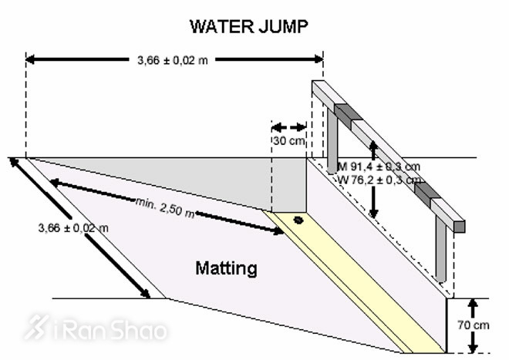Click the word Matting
[x=226, y=269]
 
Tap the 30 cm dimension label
[x=288, y=141]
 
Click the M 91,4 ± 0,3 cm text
[x=379, y=167]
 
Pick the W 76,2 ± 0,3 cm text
[x=379, y=180]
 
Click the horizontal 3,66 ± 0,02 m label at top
[x=171, y=59]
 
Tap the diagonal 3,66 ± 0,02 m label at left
[x=72, y=227]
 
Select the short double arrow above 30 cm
[x=289, y=126]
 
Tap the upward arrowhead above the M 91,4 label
[x=374, y=146]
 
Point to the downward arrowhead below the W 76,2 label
[x=374, y=212]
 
